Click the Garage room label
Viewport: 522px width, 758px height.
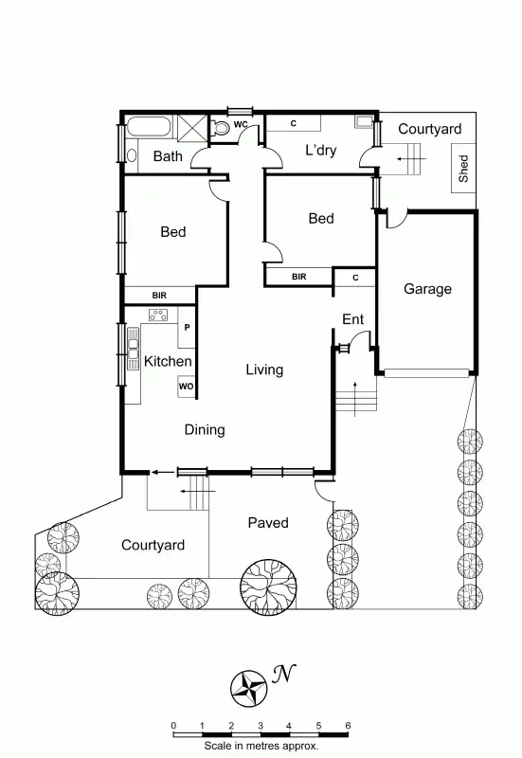tap(427, 289)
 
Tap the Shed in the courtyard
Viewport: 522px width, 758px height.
tap(464, 169)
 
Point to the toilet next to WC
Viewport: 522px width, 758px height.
tap(222, 128)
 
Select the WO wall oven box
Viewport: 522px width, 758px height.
tap(186, 387)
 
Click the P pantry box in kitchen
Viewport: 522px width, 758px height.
tap(187, 329)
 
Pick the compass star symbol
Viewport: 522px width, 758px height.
tap(251, 686)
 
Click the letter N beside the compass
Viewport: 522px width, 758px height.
tap(281, 674)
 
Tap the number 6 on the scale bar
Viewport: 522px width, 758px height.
tap(348, 726)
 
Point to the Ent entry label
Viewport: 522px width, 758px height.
tap(352, 320)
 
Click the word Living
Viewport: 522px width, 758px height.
tap(264, 370)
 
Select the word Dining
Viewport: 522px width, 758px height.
tap(205, 430)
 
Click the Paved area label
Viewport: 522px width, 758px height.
tap(268, 523)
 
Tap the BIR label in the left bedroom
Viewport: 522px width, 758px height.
tap(159, 296)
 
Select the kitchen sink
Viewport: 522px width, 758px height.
tap(134, 359)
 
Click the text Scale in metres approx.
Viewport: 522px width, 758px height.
tap(261, 746)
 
